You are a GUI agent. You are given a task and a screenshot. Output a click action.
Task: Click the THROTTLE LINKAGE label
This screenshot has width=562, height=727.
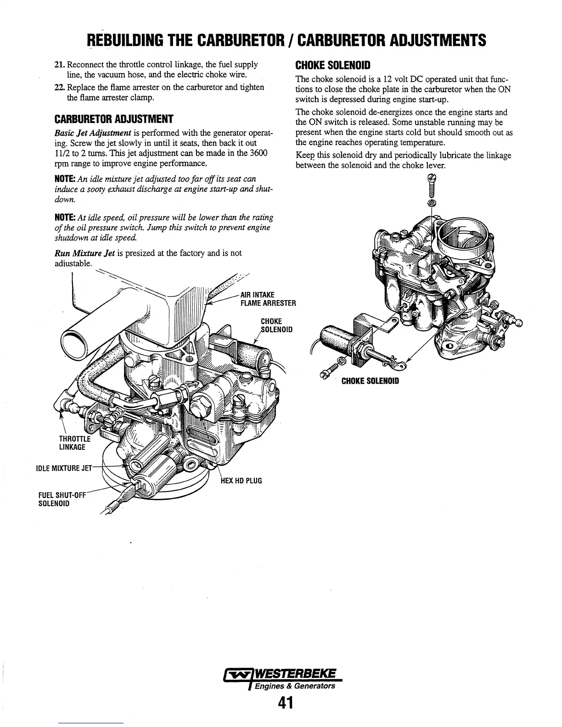pyautogui.click(x=72, y=442)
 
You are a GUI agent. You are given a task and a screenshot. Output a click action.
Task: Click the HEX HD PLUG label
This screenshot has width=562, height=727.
pyautogui.click(x=242, y=481)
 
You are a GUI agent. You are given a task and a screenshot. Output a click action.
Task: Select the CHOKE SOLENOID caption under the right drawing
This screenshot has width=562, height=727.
pyautogui.click(x=370, y=381)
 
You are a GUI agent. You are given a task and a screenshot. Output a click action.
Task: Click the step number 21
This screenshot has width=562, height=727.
pyautogui.click(x=59, y=65)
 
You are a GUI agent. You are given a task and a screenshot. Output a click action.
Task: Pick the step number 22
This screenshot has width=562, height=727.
pyautogui.click(x=59, y=88)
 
